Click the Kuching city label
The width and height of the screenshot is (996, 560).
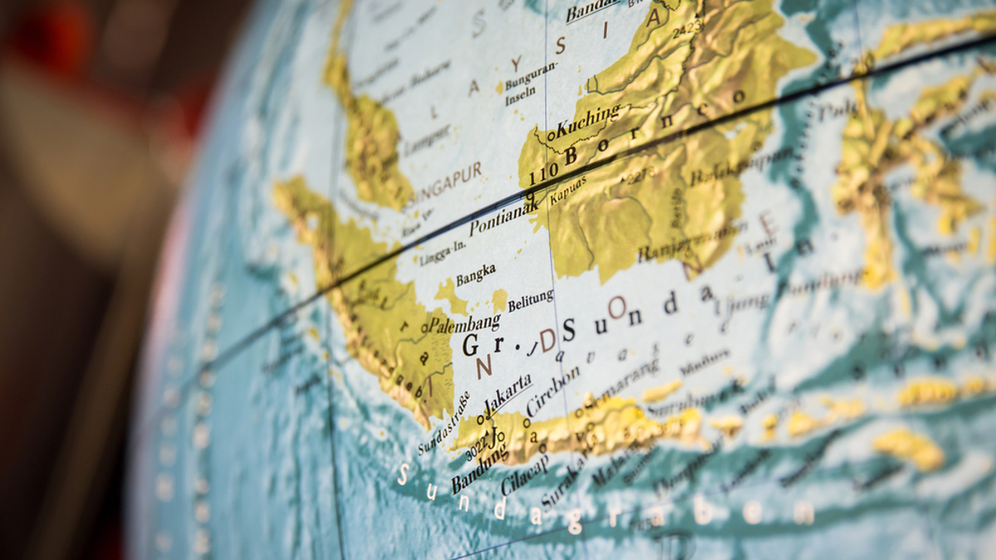pos(588,122)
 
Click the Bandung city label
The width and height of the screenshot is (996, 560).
pos(480,469)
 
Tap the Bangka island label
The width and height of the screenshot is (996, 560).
pos(476,274)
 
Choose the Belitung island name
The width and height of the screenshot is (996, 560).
pos(530,300)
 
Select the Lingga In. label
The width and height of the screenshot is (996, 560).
pos(443,254)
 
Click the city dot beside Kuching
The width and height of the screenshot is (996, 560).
pos(551,136)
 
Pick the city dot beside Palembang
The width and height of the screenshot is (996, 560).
pos(424,328)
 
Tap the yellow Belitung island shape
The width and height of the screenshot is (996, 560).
pos(500,299)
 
